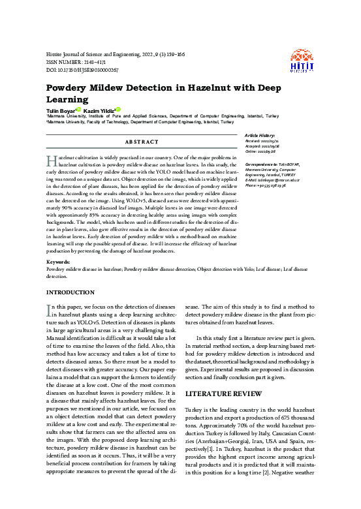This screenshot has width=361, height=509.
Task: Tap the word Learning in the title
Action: [x=71, y=100]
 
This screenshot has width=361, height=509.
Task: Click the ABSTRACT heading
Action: [x=140, y=142]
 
